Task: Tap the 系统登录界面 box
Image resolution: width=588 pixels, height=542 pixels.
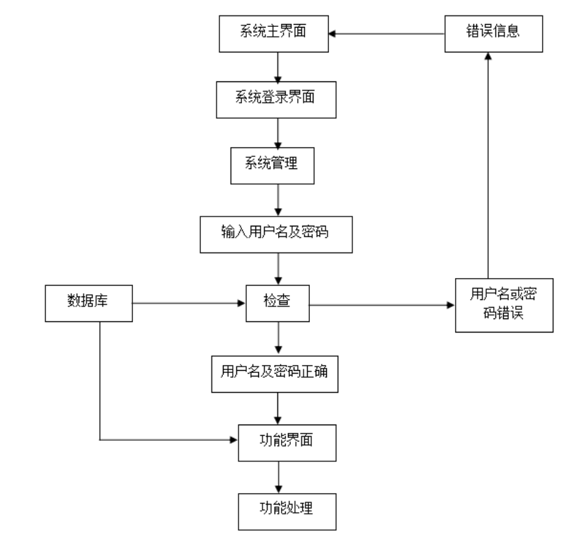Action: (275, 99)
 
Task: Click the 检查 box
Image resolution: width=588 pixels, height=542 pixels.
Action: (278, 305)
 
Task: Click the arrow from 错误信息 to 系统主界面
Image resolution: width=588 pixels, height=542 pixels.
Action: (390, 33)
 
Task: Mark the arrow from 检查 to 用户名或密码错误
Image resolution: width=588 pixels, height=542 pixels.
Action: (383, 305)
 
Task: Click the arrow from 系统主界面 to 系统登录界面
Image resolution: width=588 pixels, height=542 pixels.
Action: (277, 67)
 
